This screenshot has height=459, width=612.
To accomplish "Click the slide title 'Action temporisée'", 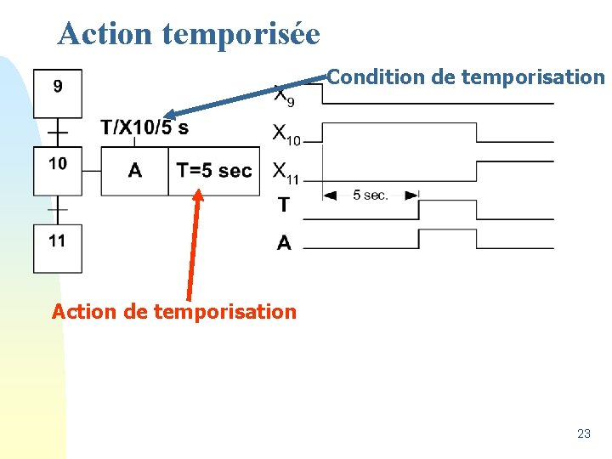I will click(x=189, y=33).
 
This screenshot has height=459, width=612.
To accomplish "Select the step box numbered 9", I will click(x=58, y=93).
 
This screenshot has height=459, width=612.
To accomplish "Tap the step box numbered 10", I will click(x=58, y=171).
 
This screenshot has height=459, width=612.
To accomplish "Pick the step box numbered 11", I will click(x=58, y=248).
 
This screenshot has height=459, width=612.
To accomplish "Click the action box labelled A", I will click(x=134, y=171).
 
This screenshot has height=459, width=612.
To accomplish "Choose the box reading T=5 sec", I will click(x=213, y=171).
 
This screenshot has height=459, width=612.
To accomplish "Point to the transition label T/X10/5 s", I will click(x=144, y=128).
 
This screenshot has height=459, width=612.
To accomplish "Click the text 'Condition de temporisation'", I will click(x=466, y=77).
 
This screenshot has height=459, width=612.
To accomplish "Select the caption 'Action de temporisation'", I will click(x=174, y=311).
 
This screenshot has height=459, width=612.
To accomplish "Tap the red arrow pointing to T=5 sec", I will click(x=193, y=246).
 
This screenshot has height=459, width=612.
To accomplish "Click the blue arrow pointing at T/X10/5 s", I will click(x=246, y=96).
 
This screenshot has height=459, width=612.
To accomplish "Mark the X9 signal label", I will click(x=284, y=95).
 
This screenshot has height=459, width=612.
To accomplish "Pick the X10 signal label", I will click(x=286, y=133).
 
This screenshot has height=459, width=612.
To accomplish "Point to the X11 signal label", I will click(x=286, y=172).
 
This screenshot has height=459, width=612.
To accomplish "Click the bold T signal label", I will click(x=283, y=205).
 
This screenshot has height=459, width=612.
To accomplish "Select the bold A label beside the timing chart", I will click(x=284, y=243).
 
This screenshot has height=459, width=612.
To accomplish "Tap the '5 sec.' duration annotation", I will click(x=371, y=195).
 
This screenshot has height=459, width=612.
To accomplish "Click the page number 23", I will click(x=583, y=433).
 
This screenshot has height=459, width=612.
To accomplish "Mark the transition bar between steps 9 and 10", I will click(x=58, y=133).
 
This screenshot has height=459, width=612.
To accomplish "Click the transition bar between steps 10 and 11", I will click(x=58, y=209).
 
